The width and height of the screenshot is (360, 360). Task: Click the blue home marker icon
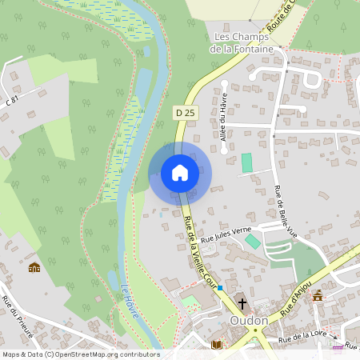[180, 173]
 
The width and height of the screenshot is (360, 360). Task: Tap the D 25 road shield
[185, 114]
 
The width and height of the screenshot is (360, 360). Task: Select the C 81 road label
[11, 101]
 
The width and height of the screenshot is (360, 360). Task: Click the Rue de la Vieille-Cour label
[197, 252]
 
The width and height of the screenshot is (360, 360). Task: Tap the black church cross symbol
[242, 303]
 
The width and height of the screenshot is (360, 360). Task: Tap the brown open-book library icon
[216, 345]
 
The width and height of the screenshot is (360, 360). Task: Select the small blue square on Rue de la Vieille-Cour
[220, 286]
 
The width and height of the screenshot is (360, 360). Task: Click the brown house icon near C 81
[34, 267]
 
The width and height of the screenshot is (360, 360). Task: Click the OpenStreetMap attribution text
[81, 354]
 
